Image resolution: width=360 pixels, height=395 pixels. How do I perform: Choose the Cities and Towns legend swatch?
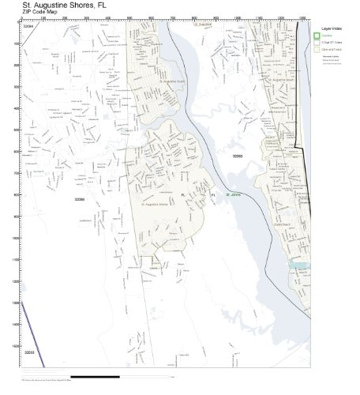(317, 49)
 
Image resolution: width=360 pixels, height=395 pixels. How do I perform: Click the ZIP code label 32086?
(79, 200)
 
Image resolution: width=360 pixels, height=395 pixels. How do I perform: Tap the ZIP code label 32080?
(237, 156)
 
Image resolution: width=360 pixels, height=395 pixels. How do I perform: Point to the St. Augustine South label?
(171, 81)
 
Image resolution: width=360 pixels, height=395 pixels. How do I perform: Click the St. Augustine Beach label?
(279, 80)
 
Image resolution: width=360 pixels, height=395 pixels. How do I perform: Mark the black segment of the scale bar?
(96, 377)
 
